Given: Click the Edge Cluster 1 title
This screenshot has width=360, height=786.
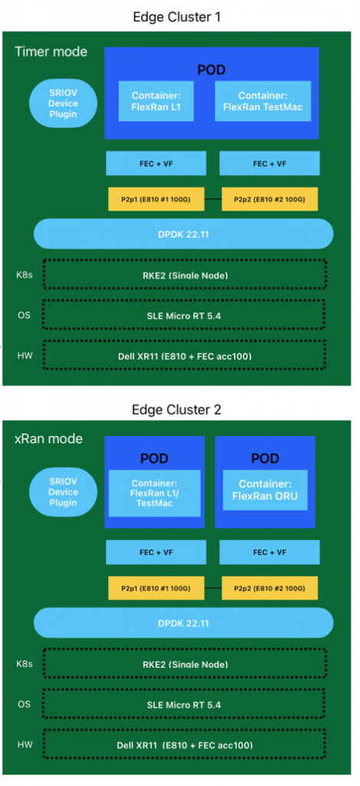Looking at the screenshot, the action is [177, 17].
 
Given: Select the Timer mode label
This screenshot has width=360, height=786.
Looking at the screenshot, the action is [51, 51].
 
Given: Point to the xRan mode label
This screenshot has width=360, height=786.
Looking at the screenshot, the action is [48, 438].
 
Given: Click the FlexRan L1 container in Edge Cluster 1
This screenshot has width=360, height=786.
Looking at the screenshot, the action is [156, 101].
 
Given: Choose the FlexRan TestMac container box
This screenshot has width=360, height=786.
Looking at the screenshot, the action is [263, 101].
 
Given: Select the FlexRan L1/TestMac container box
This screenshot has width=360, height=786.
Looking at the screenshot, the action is [154, 494].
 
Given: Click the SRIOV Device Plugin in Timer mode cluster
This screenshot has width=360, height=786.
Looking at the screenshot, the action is [63, 104].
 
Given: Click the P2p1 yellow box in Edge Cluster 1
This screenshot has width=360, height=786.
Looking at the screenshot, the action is [156, 199].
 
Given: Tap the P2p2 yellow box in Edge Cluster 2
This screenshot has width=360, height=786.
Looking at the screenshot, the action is [269, 588].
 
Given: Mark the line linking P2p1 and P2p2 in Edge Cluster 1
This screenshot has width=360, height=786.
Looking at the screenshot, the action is [213, 199].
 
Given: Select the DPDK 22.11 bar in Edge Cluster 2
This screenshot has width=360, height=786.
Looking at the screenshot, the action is [183, 623].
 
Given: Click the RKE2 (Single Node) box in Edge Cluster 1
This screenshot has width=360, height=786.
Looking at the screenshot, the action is [184, 274].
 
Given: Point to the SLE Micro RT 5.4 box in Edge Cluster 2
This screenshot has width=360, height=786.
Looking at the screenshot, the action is [184, 705].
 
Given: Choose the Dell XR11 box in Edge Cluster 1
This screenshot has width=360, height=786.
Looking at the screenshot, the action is [184, 356].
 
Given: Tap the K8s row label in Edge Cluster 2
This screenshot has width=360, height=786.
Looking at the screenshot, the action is [24, 664].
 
